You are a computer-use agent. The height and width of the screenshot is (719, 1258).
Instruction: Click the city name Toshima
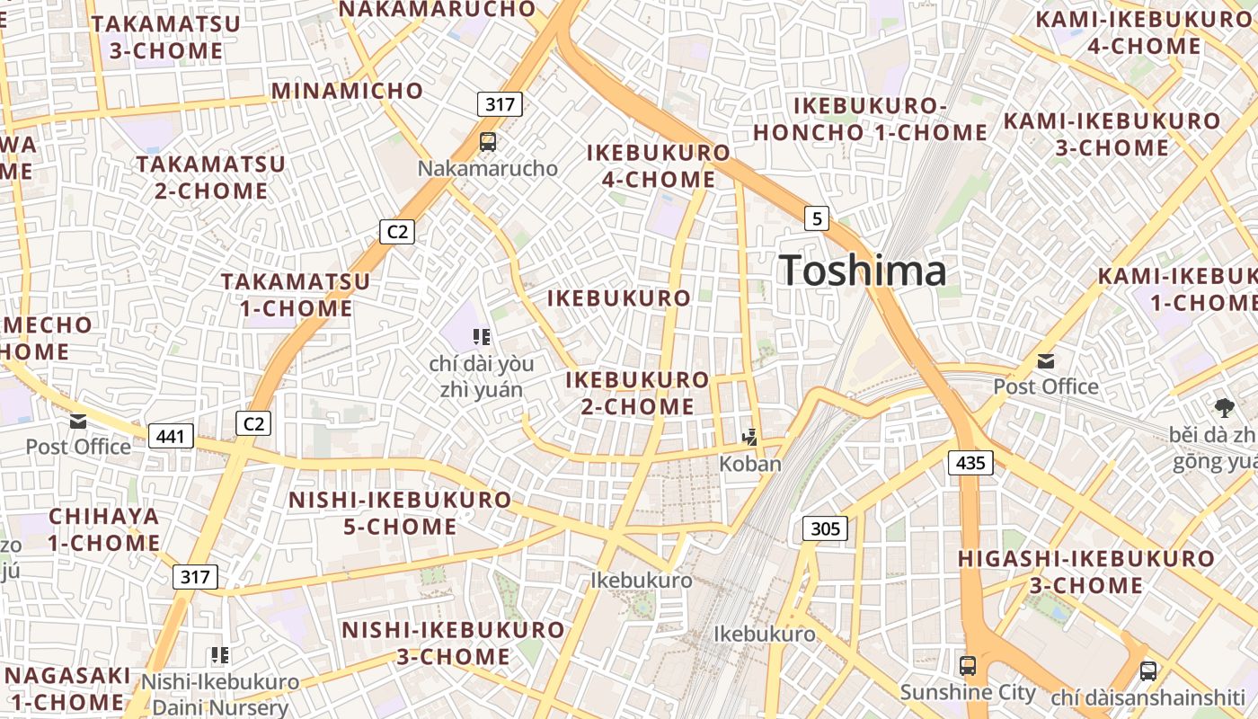pyautogui.click(x=863, y=271)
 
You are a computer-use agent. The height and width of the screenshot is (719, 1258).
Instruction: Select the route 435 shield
pyautogui.click(x=970, y=464)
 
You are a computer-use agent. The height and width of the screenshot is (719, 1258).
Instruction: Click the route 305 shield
pyautogui.click(x=825, y=528)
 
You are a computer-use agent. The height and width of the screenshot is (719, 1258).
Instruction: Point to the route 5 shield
pyautogui.click(x=816, y=217)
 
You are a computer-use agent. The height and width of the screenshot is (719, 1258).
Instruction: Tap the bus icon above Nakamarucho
pyautogui.click(x=488, y=141)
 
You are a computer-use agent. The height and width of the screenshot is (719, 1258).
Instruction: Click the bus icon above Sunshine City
pyautogui.click(x=968, y=666)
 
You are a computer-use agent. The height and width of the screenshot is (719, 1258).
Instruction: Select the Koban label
pyautogui.click(x=750, y=464)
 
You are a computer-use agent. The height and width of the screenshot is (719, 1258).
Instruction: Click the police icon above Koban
pyautogui.click(x=750, y=438)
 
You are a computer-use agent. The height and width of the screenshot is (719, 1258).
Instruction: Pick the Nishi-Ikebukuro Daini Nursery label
pyautogui.click(x=220, y=695)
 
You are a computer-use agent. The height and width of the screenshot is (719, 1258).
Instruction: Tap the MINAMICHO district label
pyautogui.click(x=347, y=91)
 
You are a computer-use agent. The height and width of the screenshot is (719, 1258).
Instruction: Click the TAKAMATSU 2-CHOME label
pyautogui.click(x=210, y=177)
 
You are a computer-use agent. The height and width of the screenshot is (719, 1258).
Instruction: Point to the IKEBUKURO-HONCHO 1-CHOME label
pyautogui.click(x=870, y=120)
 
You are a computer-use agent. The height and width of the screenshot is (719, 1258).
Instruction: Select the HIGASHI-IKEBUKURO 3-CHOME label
pyautogui.click(x=1085, y=572)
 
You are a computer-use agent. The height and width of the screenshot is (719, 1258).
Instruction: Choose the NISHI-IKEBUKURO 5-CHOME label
pyautogui.click(x=400, y=512)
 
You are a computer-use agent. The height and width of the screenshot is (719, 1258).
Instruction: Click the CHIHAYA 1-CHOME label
pyautogui.click(x=104, y=529)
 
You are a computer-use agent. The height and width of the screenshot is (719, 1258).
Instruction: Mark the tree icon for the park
pyautogui.click(x=1224, y=408)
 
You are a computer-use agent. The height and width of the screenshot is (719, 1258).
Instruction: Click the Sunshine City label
pyautogui.click(x=968, y=693)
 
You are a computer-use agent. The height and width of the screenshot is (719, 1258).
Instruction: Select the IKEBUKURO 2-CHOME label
pyautogui.click(x=637, y=393)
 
